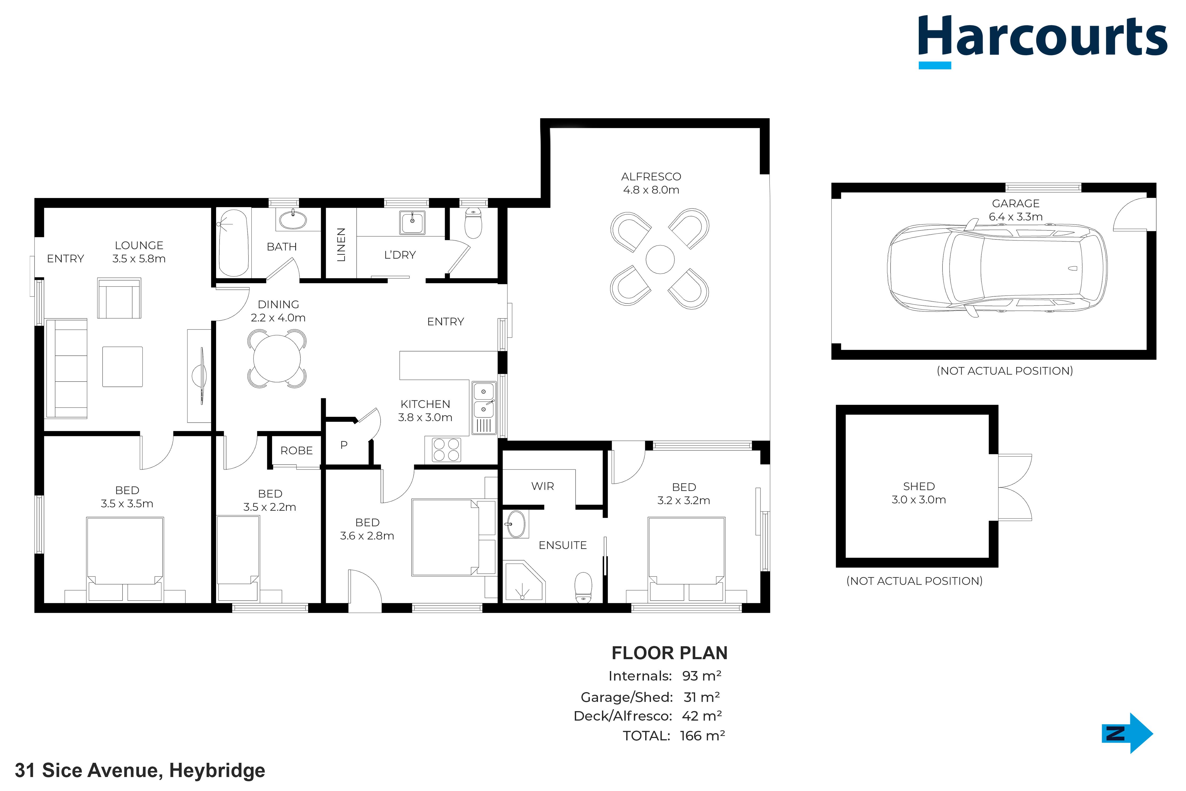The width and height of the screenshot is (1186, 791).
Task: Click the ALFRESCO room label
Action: [x=651, y=177]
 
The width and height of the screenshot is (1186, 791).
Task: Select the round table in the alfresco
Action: [x=660, y=259]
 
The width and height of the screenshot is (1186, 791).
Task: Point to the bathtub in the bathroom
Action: [x=234, y=243]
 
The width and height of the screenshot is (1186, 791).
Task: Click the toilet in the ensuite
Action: [x=584, y=587]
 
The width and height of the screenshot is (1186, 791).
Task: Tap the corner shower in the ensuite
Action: [x=524, y=582]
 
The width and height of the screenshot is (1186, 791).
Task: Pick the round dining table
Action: [x=277, y=359]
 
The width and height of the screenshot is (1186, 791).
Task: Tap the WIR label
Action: [x=543, y=486]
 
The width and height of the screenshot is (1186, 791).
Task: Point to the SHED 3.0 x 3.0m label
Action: [x=919, y=493]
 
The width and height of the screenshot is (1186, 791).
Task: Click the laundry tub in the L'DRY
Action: [x=412, y=223]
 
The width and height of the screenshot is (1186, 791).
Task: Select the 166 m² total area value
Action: [x=702, y=736]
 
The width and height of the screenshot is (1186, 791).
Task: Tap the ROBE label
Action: [x=296, y=451]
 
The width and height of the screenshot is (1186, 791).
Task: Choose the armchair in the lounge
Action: [x=119, y=298]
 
